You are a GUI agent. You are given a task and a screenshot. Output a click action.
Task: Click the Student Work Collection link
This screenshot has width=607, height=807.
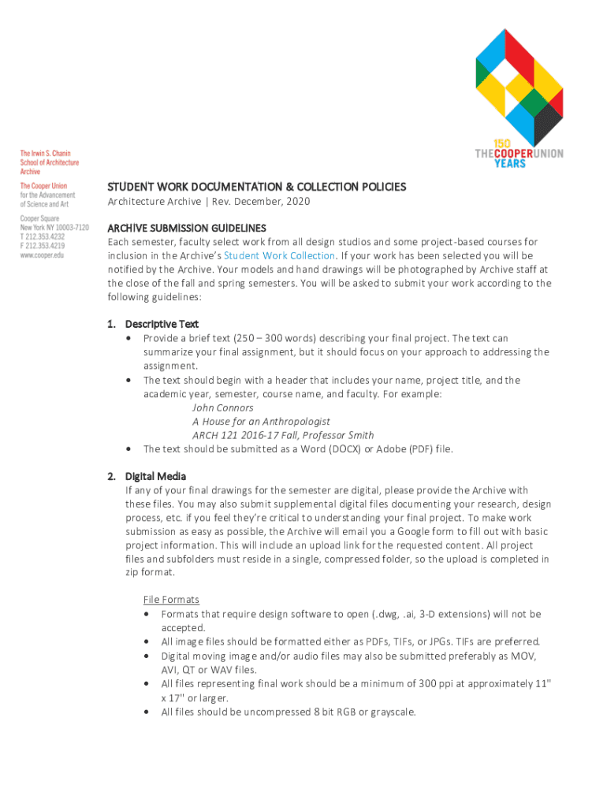coord(279,255)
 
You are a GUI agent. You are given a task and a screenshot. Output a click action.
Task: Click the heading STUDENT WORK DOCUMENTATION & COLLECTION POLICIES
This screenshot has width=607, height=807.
coord(256,187)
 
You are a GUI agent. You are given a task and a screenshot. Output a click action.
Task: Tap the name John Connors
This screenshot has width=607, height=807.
coord(222,407)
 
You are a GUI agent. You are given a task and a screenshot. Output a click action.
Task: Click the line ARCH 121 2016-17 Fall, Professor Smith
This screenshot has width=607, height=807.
coord(283,435)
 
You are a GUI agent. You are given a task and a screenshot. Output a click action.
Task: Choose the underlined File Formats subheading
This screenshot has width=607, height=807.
coord(171,600)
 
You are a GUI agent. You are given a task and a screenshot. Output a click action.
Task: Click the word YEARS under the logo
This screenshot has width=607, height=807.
coord(510,164)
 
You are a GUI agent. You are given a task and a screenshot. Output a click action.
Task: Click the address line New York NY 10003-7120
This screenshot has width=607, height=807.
coord(54,227)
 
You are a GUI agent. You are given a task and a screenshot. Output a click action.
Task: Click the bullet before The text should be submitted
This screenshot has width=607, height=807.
coord(128,449)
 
